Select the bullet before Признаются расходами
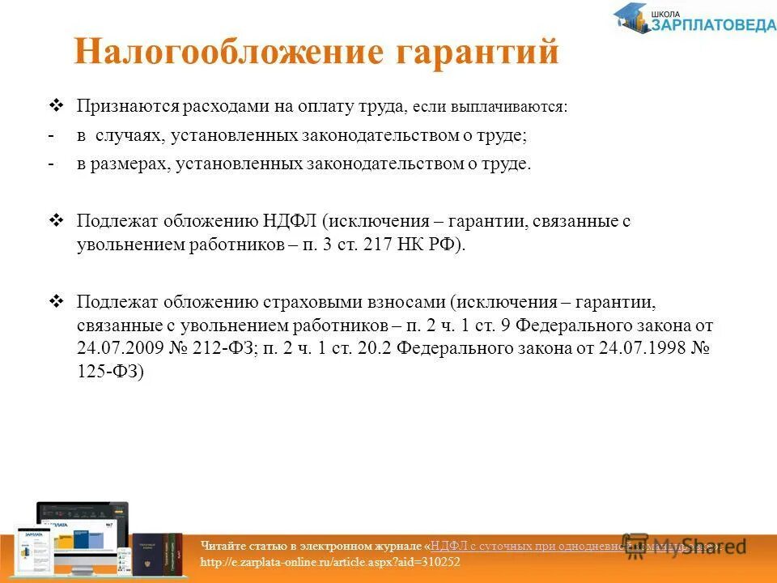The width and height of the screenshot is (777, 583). click(56, 105)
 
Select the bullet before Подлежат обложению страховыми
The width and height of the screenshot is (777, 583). click(56, 301)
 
